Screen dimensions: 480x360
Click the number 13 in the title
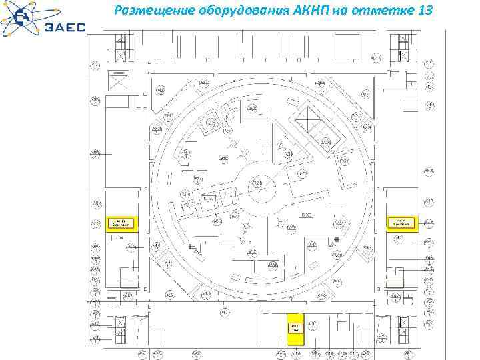click(423, 11)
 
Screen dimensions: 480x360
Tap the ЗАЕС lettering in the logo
click(65, 27)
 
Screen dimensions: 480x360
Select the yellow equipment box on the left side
click(121, 223)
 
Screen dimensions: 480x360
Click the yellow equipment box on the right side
click(402, 223)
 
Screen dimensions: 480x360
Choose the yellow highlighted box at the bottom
click(295, 328)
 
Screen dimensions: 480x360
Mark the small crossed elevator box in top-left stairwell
click(121, 55)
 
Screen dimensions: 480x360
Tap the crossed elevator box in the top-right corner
click(402, 55)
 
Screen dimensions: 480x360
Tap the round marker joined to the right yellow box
click(430, 223)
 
